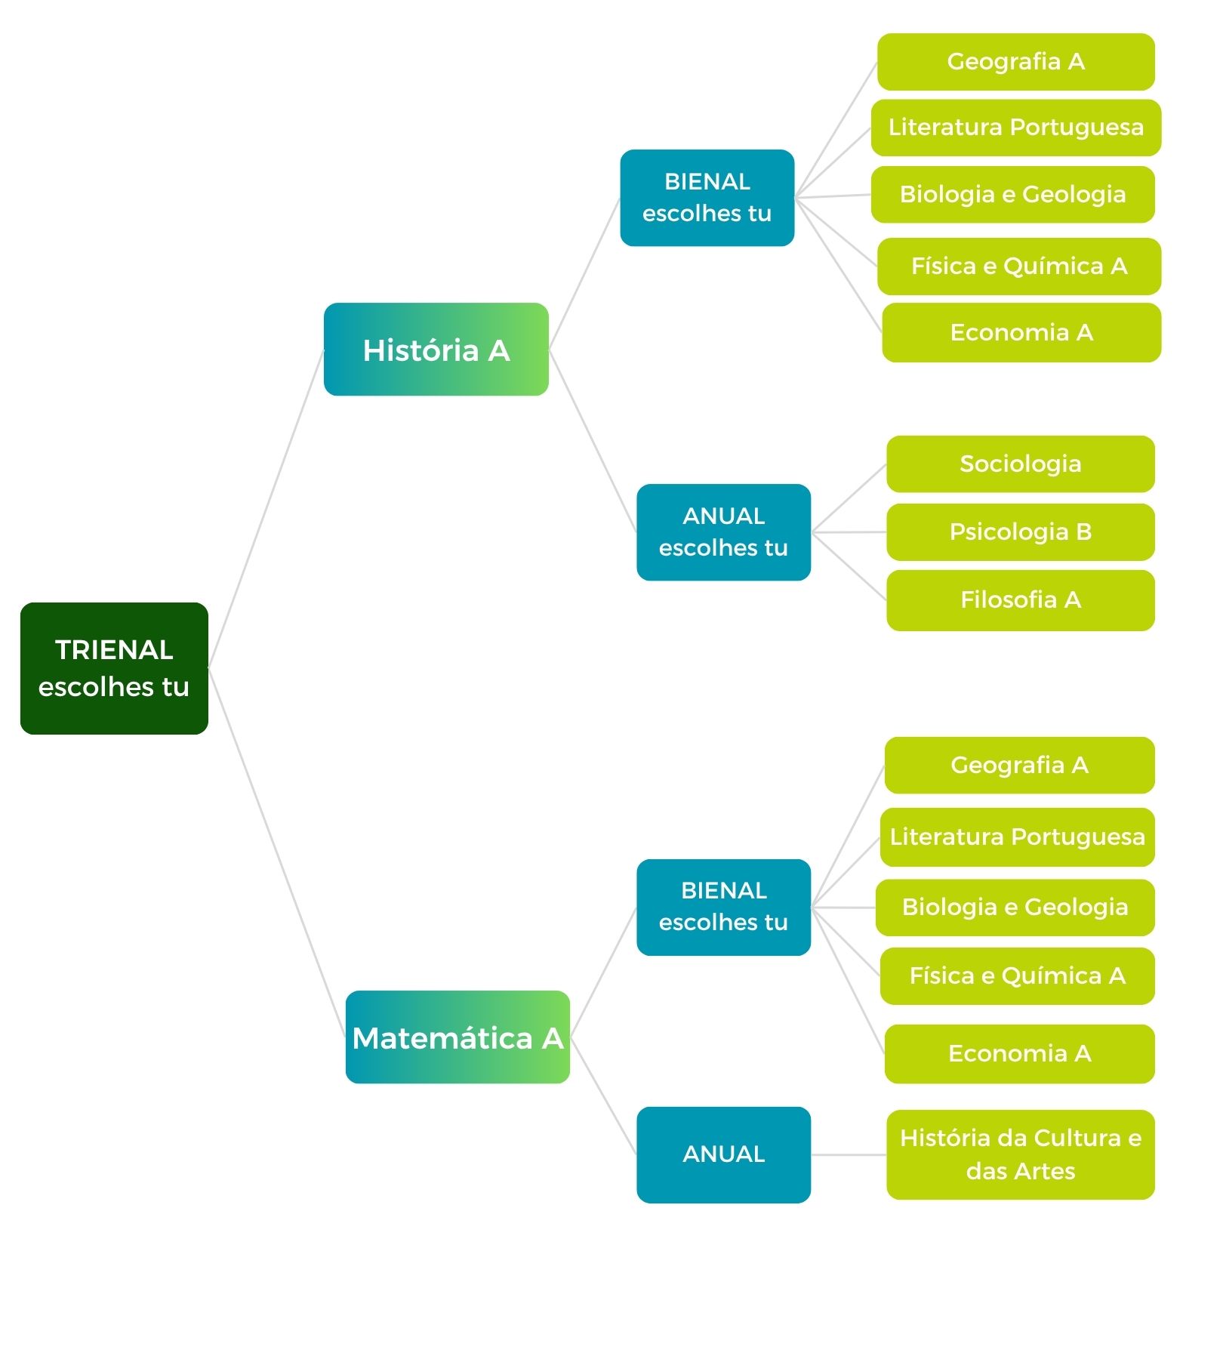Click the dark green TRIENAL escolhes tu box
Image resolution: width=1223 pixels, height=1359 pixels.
point(114,668)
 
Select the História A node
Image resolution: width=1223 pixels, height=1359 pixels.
point(436,350)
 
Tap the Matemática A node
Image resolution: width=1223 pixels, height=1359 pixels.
point(457,1037)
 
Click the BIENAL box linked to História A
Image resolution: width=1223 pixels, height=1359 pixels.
point(707,198)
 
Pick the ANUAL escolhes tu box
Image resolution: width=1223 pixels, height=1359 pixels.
point(724,532)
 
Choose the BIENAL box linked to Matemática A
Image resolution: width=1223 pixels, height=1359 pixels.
point(724,908)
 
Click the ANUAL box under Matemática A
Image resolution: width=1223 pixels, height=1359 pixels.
point(724,1155)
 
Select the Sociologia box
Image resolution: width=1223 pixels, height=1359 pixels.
point(1021,464)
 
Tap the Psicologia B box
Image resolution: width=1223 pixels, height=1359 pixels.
point(1021,532)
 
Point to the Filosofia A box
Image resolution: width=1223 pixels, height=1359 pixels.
point(1021,600)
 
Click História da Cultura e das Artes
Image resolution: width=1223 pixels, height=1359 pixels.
point(1021,1155)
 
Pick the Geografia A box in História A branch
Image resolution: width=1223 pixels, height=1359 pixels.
point(1016,62)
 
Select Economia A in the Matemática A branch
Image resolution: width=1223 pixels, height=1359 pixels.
point(1020,1054)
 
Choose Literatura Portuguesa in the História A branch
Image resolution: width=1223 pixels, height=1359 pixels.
point(1016,128)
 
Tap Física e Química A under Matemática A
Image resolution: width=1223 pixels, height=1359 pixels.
point(1018,976)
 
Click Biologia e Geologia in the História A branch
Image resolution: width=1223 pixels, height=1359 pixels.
point(1013,195)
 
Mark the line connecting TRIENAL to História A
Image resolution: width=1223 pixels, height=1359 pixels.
point(266,509)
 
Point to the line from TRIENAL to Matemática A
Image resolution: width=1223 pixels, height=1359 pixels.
point(277,853)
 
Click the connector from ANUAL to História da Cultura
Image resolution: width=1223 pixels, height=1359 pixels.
point(849,1155)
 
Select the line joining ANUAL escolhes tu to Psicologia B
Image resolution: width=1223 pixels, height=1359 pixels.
point(849,532)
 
